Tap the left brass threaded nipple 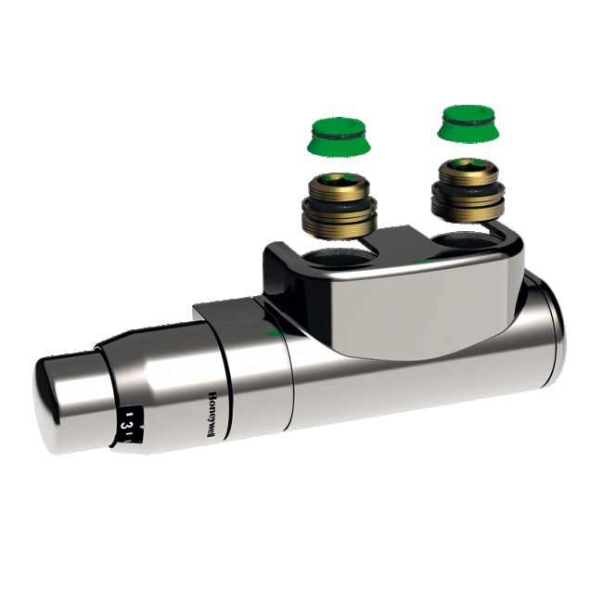339,209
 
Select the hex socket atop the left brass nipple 337,180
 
